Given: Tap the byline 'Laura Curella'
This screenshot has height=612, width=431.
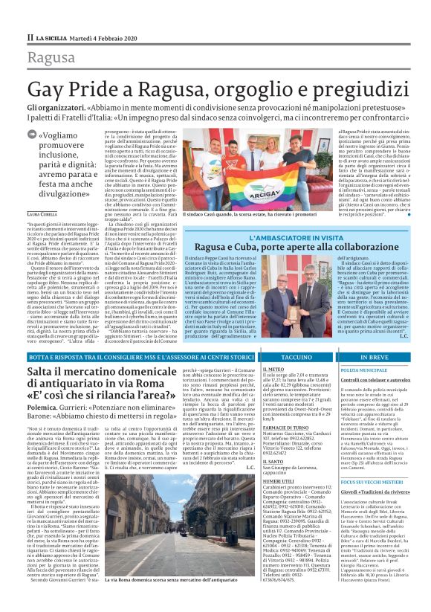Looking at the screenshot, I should click(43, 193).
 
